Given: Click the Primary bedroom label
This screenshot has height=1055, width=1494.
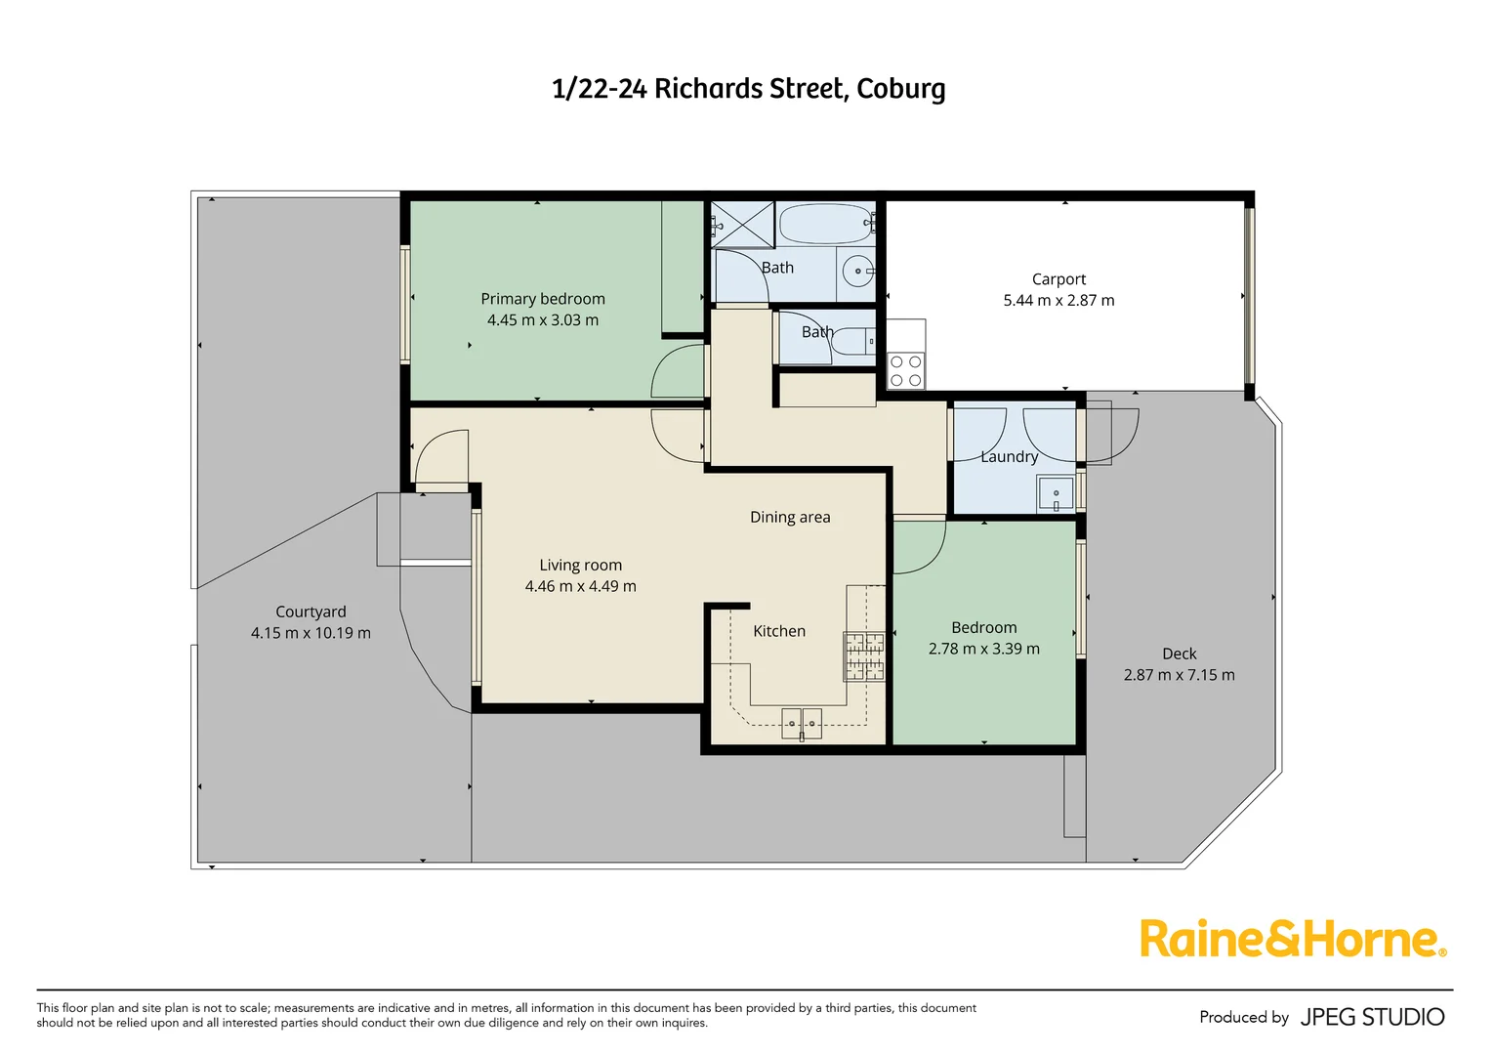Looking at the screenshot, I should [x=543, y=299].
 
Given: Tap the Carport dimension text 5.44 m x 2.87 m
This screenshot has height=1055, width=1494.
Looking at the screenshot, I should [x=1058, y=301].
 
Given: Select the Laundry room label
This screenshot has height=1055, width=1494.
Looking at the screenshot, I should [x=1009, y=456].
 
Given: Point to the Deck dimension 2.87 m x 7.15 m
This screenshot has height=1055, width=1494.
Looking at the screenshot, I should [x=1179, y=675].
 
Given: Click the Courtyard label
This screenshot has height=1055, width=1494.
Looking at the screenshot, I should [x=311, y=612].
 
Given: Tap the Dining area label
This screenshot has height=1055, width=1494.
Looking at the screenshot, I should [x=790, y=517].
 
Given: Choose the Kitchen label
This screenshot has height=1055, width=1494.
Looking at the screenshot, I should [x=779, y=631].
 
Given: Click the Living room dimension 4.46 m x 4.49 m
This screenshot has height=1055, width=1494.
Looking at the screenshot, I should [x=580, y=586].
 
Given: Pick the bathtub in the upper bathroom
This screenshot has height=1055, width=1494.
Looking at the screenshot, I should [x=825, y=224].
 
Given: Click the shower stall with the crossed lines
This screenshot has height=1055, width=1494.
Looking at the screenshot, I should [x=742, y=225].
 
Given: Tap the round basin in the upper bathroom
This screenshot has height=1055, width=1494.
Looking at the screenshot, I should [x=858, y=272].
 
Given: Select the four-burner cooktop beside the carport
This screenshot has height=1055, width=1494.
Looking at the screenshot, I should [x=906, y=371].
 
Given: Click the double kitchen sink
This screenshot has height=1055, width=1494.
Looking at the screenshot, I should [x=802, y=724].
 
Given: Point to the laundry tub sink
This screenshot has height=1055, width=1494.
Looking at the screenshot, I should [x=1056, y=494].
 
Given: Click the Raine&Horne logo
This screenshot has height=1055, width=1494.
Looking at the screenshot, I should [x=1292, y=939].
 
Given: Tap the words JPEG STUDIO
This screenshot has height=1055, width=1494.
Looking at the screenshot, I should [x=1372, y=1017].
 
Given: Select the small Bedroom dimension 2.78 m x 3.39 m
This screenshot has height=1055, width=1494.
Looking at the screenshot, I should [x=983, y=649].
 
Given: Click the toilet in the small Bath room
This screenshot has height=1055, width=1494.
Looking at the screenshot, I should [x=852, y=341].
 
